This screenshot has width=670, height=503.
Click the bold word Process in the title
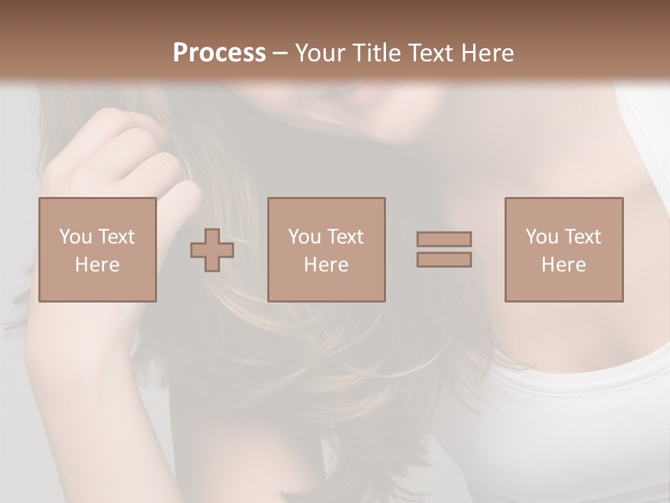219,53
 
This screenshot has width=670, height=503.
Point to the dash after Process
280,54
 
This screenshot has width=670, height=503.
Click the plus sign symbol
212,250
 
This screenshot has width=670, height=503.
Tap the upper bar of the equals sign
444,239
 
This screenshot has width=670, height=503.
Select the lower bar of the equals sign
444,260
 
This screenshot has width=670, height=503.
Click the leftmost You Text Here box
98,249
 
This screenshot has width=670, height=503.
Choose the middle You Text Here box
327,249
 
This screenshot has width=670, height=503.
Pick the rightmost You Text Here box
564,249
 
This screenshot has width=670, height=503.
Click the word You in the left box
75,237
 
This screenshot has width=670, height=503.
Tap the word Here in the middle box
327,265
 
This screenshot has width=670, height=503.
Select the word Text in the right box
582,237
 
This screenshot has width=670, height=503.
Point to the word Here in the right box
564,265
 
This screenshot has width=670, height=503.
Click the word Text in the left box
116,237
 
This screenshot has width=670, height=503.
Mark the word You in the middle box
304,237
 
